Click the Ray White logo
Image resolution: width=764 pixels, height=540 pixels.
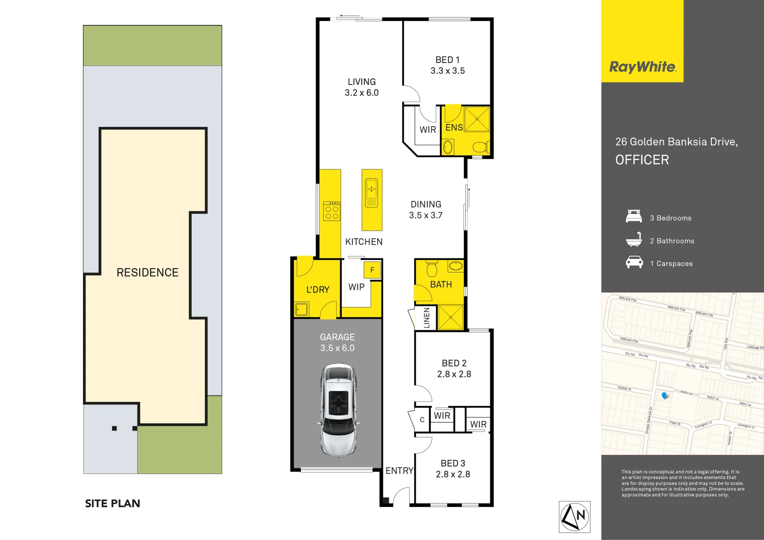coord(642,67)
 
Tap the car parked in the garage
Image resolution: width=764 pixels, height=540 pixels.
coord(339,410)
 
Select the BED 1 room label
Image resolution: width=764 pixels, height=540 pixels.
coord(447,65)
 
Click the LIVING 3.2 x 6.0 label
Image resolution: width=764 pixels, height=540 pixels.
coord(361,87)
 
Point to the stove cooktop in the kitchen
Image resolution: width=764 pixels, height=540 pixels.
coord(332,211)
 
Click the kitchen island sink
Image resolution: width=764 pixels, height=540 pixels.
coord(371,192)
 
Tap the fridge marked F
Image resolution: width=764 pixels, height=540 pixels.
coord(372,270)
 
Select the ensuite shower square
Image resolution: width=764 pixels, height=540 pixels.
coord(477,119)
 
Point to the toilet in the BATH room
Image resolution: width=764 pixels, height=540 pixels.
coord(432,269)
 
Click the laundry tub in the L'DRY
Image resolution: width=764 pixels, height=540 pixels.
coord(301,309)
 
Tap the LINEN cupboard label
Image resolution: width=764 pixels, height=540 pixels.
coord(427,318)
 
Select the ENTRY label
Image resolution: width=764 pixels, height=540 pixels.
coord(399,470)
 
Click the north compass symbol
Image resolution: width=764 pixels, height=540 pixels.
coord(574,517)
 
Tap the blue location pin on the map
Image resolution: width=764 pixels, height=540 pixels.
coord(664,395)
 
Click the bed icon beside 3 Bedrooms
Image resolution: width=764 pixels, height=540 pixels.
coord(634,217)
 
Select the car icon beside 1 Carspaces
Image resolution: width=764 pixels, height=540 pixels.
coord(634,262)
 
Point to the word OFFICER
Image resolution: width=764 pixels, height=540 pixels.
coord(642,160)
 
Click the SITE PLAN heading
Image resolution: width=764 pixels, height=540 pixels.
coord(113,503)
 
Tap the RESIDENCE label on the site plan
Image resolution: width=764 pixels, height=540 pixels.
coord(147,272)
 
